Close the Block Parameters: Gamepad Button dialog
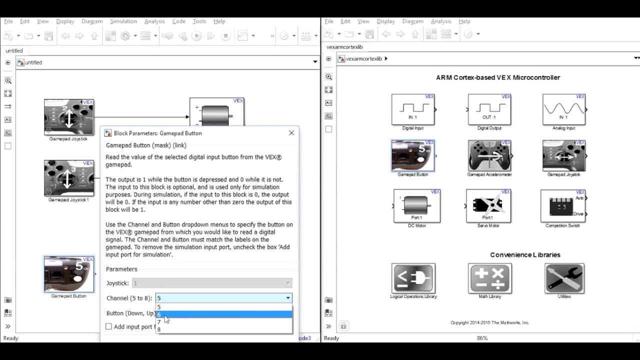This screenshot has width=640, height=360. [x=291, y=133]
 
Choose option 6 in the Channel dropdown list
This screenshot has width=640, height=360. [x=223, y=314]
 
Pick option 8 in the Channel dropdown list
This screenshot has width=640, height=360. [x=223, y=329]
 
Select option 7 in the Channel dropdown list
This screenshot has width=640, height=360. [x=223, y=322]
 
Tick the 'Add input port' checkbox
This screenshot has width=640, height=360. [x=108, y=326]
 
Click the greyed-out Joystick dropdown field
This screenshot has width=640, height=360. [x=211, y=283]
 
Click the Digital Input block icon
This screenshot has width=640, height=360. [x=413, y=109]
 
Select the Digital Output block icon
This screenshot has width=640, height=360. [x=489, y=109]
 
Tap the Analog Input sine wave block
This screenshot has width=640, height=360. [x=563, y=109]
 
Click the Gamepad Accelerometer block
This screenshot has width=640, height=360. [x=489, y=155]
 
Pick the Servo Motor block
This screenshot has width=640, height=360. [x=488, y=205]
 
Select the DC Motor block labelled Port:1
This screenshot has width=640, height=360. [x=416, y=205]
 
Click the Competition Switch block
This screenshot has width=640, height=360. [x=562, y=205]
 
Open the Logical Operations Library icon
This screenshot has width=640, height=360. [x=413, y=278]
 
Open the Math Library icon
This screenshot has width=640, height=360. [x=489, y=278]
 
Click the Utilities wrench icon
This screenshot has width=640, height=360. [x=564, y=278]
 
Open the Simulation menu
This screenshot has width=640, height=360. [x=123, y=21]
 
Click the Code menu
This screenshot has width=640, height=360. [x=178, y=21]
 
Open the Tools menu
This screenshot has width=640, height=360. [x=199, y=21]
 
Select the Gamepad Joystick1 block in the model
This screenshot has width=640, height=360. [x=69, y=178]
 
